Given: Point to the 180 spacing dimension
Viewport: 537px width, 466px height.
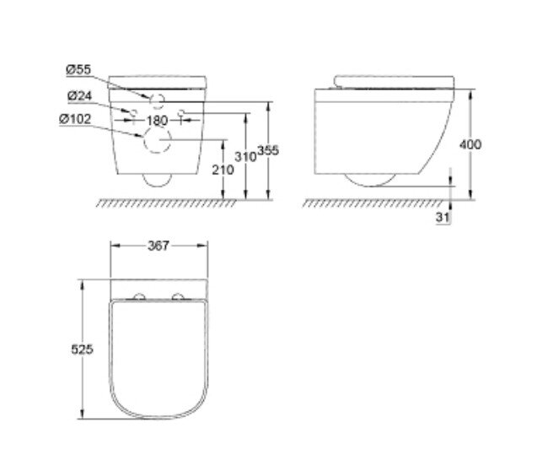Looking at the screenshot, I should coord(158,121).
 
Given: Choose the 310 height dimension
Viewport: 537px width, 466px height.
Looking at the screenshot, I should coord(245,157).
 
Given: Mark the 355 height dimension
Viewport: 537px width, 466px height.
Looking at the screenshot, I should coord(268,150).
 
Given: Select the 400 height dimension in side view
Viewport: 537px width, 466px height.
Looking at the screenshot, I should coord(470,144).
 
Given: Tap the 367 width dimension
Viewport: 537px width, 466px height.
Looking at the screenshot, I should coord(158,247).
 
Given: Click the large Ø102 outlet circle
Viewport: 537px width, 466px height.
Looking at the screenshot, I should coord(156,142).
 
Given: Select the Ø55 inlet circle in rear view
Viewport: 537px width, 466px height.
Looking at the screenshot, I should coord(157,100).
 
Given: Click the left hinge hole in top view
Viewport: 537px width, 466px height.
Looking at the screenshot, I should coord(139,296).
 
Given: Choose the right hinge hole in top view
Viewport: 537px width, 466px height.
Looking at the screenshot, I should coord(178,296).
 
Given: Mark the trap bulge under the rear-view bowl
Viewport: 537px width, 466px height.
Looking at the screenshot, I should coord(157,179).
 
